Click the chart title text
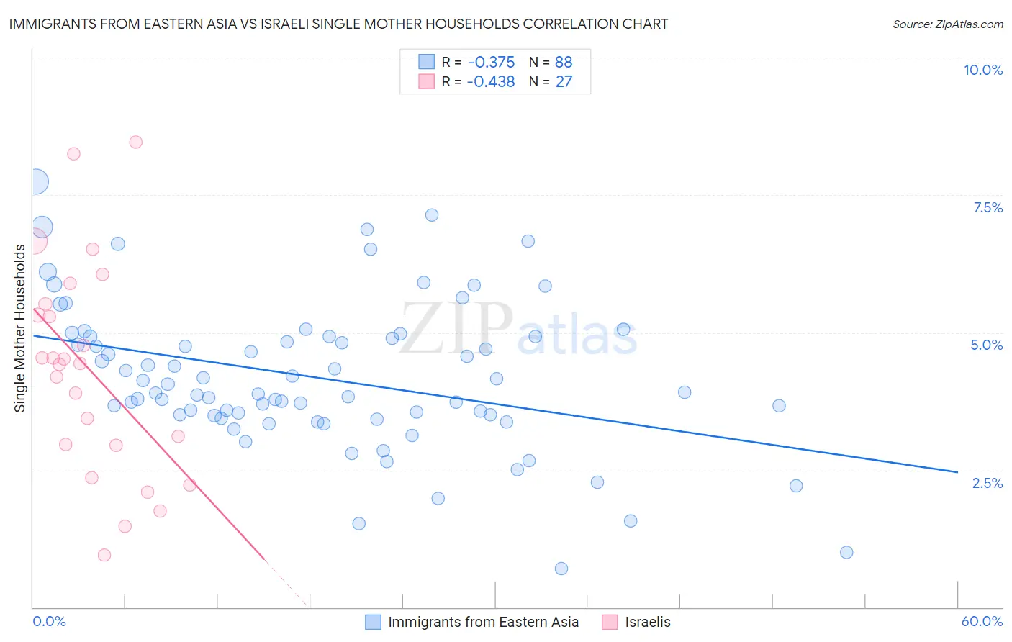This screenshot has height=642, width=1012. point(338,24)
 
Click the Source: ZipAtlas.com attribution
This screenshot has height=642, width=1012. point(947,24)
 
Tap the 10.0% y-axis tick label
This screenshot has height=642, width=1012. point(982,70)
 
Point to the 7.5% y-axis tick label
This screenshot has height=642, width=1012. point(988,207)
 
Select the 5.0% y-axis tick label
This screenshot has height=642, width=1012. point(986,345)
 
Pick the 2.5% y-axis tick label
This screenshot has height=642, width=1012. point(987,483)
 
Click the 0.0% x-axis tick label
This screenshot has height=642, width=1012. point(49,621)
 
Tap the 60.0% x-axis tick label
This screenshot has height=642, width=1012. point(982,621)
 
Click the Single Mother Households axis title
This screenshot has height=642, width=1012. point(20,328)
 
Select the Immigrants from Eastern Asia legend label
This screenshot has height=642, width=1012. point(483,622)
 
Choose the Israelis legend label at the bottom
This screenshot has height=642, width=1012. point(647,622)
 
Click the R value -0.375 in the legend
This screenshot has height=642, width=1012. point(491,62)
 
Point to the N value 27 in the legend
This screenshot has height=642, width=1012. point(564,82)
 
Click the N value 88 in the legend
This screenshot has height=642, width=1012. point(564,62)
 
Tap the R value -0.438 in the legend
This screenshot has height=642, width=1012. point(491,82)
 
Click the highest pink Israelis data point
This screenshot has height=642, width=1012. point(136,142)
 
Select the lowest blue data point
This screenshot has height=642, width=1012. point(561,569)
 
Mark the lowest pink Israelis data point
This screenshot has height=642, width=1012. point(104,555)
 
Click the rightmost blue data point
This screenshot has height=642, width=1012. point(846,552)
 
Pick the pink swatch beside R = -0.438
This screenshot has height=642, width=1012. point(427,82)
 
